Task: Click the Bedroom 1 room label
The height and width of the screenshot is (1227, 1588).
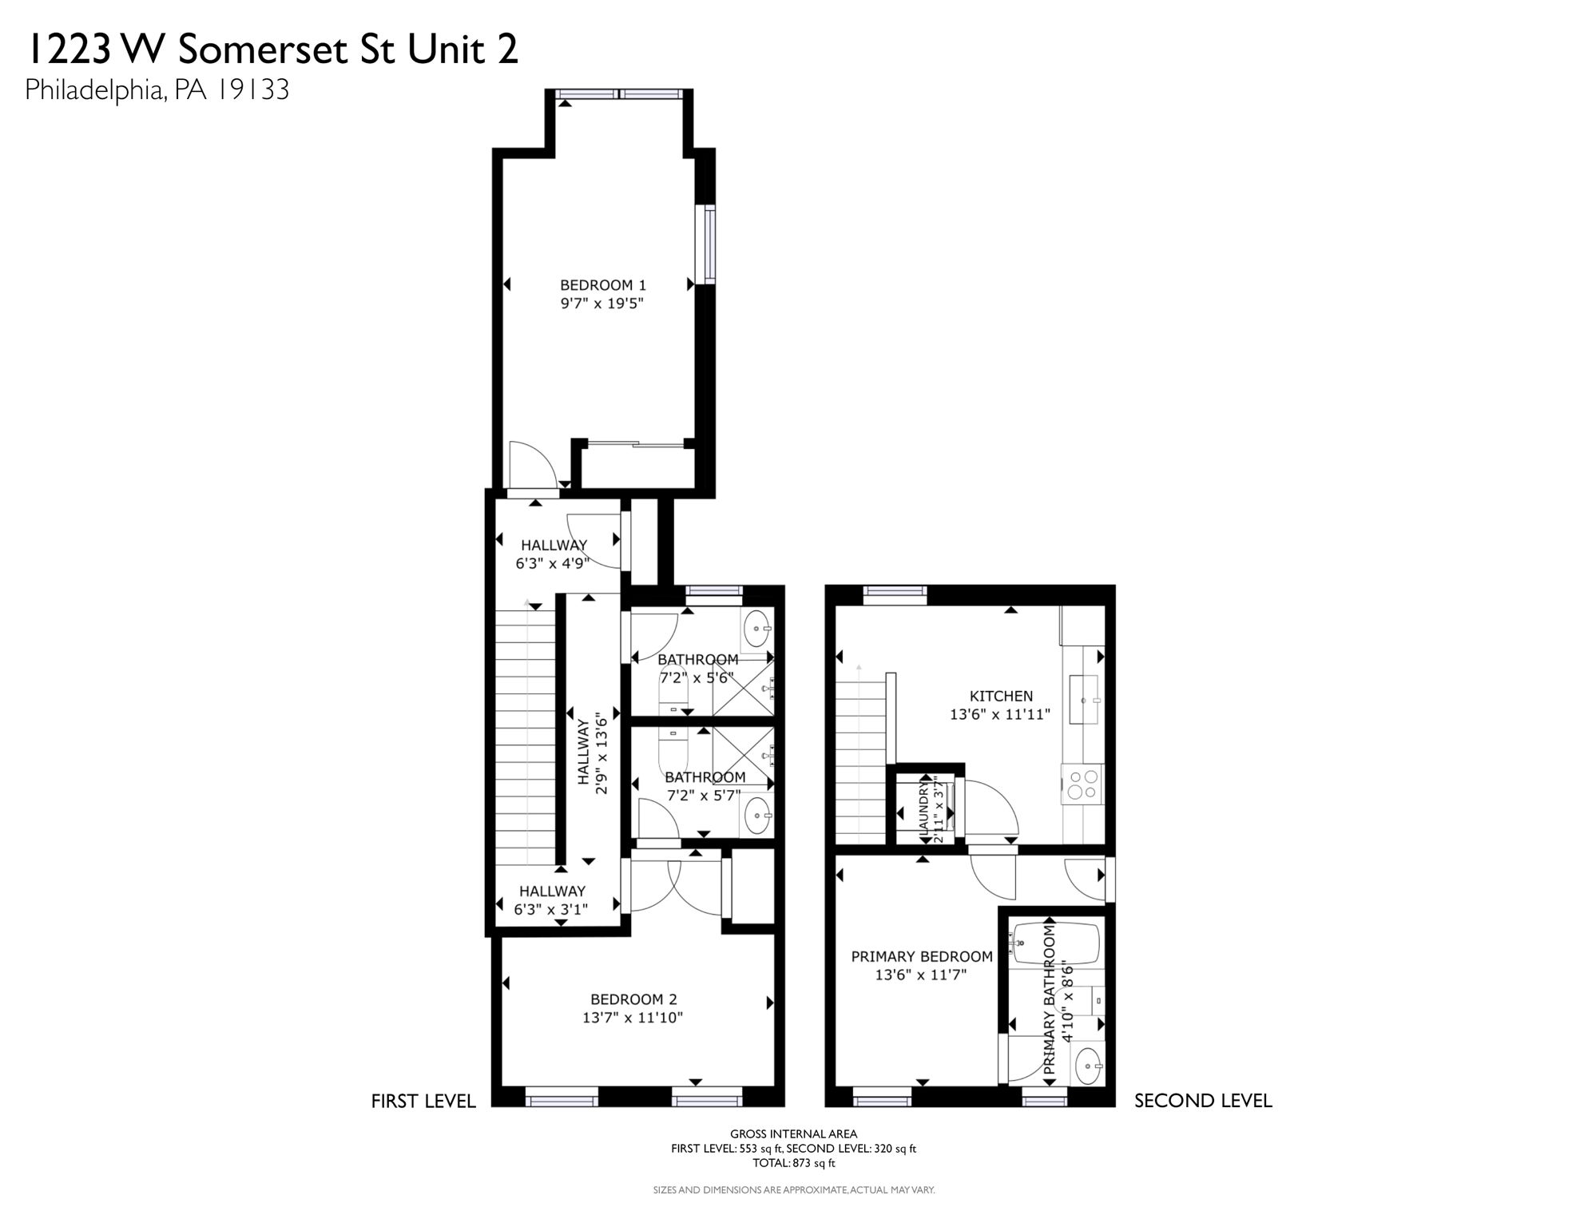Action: point(602,285)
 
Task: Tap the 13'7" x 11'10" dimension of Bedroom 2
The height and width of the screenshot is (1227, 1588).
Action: point(633,1018)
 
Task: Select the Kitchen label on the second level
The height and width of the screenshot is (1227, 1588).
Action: point(1001,696)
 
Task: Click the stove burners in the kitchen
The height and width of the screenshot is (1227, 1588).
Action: point(1083,784)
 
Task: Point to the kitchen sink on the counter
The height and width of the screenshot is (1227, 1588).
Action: point(1084,699)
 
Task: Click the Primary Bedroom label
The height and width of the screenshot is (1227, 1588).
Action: point(921,956)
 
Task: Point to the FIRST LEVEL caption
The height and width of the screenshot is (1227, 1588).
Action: point(423,1101)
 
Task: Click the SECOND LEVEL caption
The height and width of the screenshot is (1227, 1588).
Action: point(1202,1100)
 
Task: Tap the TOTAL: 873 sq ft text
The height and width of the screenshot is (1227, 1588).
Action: point(793,1163)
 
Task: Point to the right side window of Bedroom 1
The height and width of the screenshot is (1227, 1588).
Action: point(705,244)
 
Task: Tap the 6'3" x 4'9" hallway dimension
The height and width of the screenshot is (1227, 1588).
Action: point(553,563)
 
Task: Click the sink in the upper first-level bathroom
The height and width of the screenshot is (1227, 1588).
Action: point(756,630)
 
